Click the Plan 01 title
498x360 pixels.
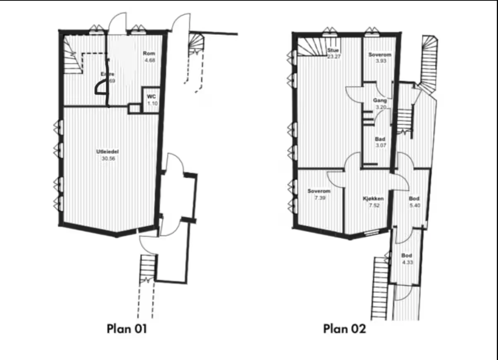127,329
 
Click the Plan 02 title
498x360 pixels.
344,329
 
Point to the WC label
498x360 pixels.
151,97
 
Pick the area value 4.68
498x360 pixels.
149,60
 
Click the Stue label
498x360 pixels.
333,51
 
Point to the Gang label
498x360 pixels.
380,101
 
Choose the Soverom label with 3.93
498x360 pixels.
380,55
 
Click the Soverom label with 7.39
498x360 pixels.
319,191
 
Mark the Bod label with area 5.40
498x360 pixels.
414,199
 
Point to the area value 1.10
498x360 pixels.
152,104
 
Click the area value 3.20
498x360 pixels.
381,107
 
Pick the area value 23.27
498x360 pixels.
334,56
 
